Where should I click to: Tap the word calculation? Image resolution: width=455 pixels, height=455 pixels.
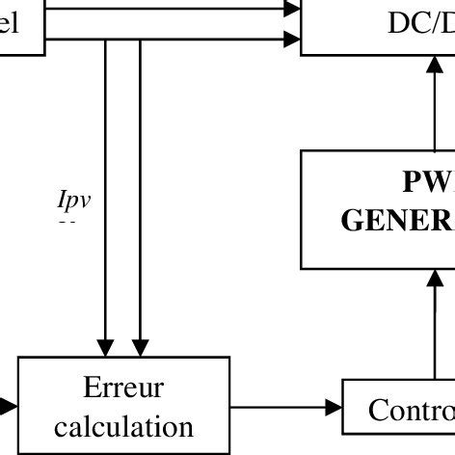(123, 425)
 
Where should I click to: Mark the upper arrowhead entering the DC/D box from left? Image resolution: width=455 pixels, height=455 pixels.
(292, 8)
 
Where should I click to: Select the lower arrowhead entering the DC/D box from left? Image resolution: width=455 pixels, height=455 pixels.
(292, 40)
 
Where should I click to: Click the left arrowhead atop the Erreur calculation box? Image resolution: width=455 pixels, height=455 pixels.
(106, 347)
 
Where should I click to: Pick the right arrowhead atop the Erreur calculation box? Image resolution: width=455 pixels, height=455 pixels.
(141, 347)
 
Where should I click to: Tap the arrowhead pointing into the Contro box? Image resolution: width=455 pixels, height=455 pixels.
(334, 408)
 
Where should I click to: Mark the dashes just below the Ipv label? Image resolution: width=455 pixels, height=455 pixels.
(67, 222)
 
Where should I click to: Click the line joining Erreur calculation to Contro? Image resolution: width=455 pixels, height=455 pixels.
(280, 408)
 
